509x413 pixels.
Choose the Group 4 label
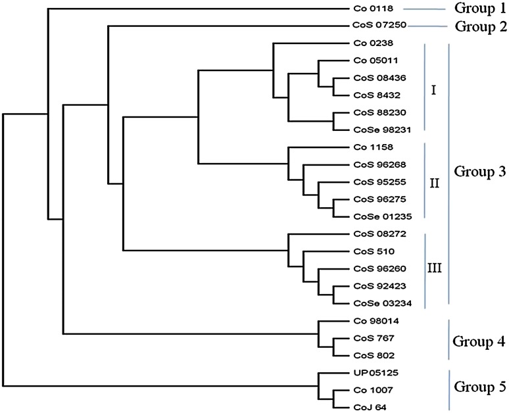[479, 341]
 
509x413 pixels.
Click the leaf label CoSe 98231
[374, 130]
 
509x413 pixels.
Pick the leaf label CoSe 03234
[374, 304]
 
